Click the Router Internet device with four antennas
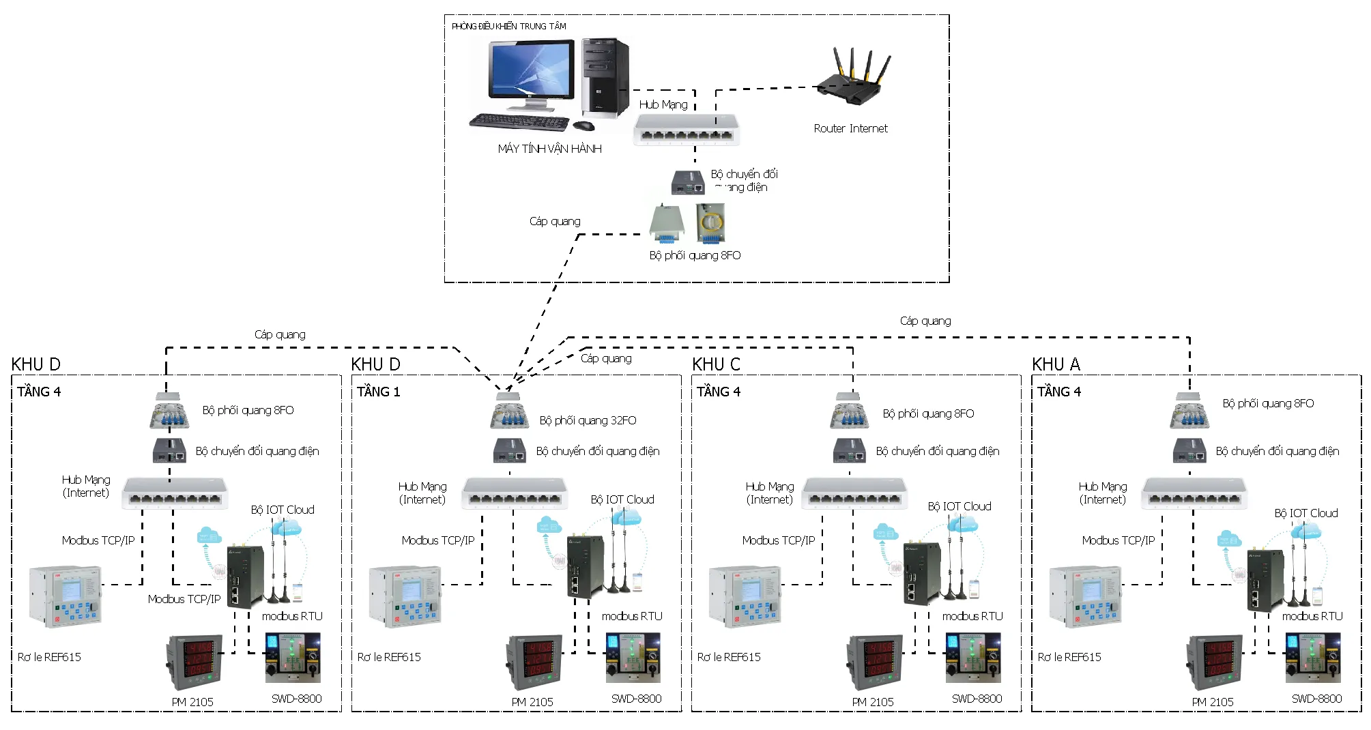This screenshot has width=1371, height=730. coord(853,78)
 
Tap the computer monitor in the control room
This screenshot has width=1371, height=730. coord(532,72)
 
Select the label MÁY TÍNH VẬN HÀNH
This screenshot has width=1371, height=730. coord(549,149)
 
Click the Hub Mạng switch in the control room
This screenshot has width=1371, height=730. coord(686,130)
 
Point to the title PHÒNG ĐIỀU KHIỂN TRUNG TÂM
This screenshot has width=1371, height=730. coord(508,27)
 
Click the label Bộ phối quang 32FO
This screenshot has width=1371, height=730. coord(588,420)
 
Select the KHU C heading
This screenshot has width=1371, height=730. coord(716,364)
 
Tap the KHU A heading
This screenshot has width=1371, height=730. coord(1056,364)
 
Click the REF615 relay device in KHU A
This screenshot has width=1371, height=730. coord(1085,596)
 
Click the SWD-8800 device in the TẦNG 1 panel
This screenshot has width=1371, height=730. coord(633,658)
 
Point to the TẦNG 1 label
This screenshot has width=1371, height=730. coord(378,392)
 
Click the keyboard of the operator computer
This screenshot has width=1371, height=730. coord(519,122)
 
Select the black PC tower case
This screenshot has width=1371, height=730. coord(605,76)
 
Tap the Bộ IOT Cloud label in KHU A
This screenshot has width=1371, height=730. coord(1305,513)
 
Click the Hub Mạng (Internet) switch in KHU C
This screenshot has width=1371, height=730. coord(854,493)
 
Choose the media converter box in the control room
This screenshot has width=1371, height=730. coord(687,183)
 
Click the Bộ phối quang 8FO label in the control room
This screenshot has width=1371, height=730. coord(695,255)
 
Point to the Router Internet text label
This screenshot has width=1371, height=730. coord(850,128)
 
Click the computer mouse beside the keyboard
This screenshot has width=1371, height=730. coord(583,126)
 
